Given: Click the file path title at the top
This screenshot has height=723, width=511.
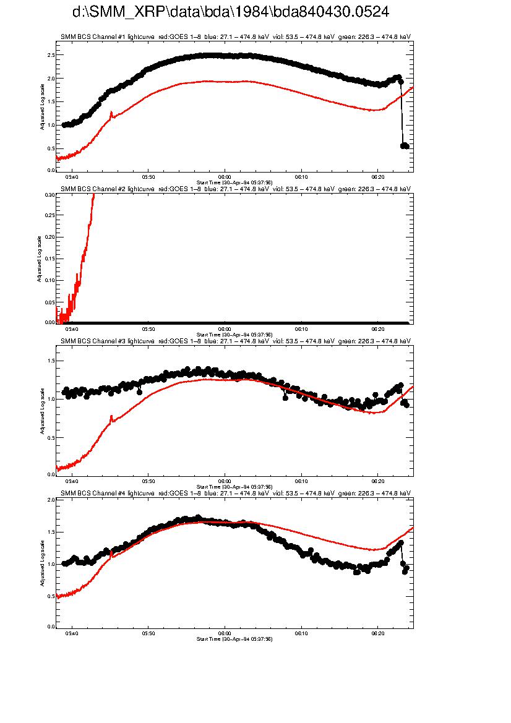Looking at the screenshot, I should [x=230, y=12].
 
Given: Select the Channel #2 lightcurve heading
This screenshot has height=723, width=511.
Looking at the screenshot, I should [x=235, y=189].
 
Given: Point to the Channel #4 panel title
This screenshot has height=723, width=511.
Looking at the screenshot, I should [x=235, y=493].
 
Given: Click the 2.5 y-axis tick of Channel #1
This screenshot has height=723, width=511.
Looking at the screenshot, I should [x=50, y=55].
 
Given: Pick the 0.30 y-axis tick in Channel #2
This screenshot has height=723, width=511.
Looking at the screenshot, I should [x=49, y=195].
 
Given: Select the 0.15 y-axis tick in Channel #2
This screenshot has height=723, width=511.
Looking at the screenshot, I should [x=49, y=259].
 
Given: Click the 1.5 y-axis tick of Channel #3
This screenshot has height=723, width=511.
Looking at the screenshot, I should [x=50, y=361].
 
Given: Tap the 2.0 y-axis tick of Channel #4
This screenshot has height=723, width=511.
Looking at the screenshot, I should [x=50, y=500].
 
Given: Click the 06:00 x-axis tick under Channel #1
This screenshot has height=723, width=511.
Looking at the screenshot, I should [x=225, y=176].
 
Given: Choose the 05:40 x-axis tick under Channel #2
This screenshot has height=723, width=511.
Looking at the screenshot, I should [x=72, y=328].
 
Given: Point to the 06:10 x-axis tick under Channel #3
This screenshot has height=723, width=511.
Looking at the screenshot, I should [x=301, y=481].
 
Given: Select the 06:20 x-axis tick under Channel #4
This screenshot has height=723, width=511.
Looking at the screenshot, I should [x=377, y=633].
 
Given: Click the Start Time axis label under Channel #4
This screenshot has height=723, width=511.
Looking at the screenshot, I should [x=234, y=639].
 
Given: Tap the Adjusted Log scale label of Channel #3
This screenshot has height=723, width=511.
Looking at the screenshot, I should [x=43, y=411].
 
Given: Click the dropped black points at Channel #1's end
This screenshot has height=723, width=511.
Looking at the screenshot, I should [x=405, y=146].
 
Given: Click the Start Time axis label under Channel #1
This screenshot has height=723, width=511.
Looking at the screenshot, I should [x=234, y=182].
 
